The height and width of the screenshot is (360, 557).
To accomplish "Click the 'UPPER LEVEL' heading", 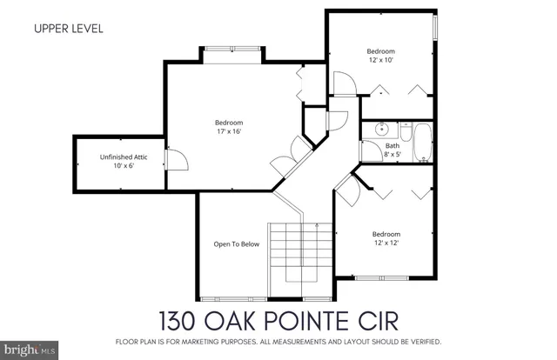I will click(69, 28).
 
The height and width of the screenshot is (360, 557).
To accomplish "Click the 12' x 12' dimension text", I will click(386, 244).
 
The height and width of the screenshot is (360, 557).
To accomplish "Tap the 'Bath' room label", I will click(393, 145).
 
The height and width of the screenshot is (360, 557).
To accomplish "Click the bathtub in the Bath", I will click(422, 143).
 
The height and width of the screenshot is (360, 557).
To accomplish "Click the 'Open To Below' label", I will click(237, 244).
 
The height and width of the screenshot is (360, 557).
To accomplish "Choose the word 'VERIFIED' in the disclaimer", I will click(422, 340).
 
